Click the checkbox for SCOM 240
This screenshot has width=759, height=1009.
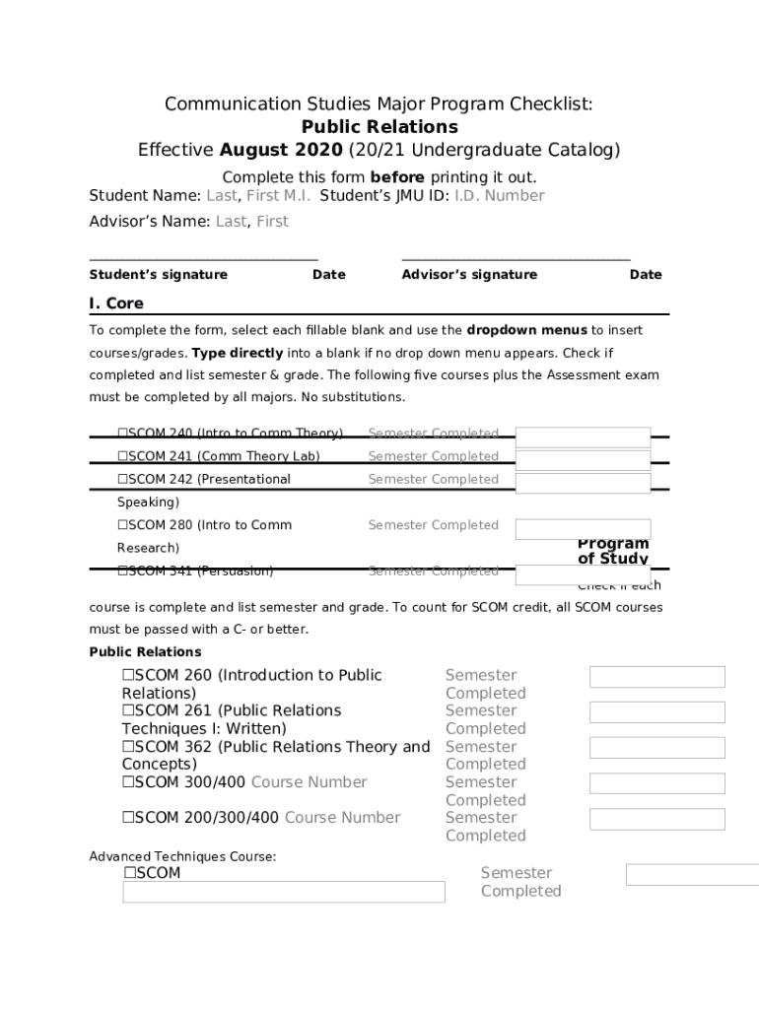(x=123, y=434)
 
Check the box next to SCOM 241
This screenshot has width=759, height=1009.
(x=123, y=456)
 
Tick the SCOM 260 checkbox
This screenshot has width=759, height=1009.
(x=128, y=676)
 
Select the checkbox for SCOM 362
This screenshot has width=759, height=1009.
(x=128, y=747)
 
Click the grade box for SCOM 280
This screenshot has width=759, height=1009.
(x=583, y=529)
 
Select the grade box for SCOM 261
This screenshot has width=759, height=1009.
(x=656, y=712)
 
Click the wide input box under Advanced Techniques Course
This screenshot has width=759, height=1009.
(x=284, y=892)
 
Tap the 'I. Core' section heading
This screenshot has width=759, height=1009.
(x=116, y=303)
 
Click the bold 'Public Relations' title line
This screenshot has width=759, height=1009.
(x=379, y=127)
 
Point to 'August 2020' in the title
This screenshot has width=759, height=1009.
(x=281, y=151)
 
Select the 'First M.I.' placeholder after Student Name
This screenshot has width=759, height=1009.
(x=279, y=196)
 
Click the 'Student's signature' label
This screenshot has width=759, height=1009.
(x=159, y=275)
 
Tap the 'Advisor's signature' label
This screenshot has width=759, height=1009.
(x=469, y=275)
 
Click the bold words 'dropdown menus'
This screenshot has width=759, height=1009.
(x=526, y=330)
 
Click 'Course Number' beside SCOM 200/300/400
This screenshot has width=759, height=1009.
(x=342, y=818)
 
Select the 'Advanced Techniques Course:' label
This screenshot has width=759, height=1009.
(x=182, y=857)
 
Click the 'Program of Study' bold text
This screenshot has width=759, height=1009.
(x=613, y=552)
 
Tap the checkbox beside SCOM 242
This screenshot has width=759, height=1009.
(x=123, y=480)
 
